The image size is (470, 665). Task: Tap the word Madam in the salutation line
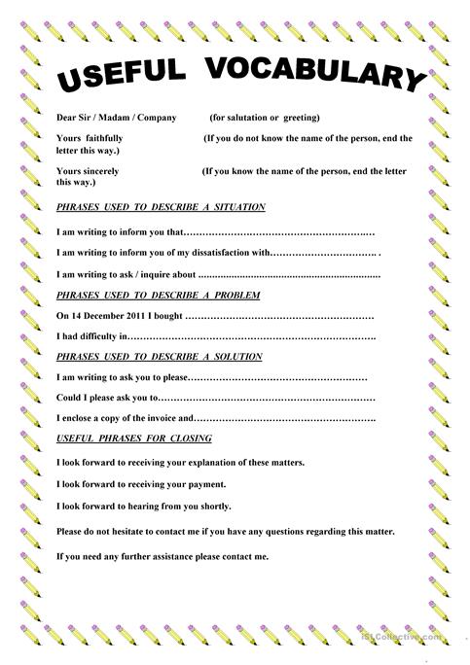click(116, 118)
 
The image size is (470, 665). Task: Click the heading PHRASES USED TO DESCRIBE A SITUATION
click(161, 207)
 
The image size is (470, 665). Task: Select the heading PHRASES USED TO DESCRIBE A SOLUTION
click(159, 357)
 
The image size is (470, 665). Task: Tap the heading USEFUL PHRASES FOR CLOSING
click(135, 439)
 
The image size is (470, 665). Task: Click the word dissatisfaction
click(217, 253)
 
